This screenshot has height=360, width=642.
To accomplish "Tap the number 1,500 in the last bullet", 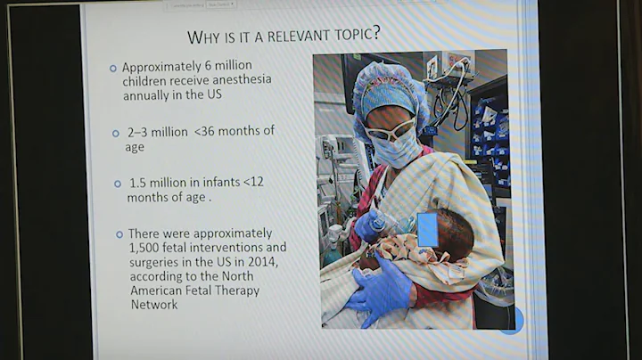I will coord(147,247).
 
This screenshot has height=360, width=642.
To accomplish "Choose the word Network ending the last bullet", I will coord(154,305).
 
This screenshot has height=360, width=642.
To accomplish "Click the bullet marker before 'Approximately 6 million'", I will coord(112,69).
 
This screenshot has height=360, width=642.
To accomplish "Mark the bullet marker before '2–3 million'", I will coord(116,133).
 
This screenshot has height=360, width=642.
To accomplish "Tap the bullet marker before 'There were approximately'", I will coord(119,233).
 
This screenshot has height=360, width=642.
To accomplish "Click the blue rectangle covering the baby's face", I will coord(427,229).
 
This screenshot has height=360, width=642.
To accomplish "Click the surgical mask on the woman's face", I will coord(395,149).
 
